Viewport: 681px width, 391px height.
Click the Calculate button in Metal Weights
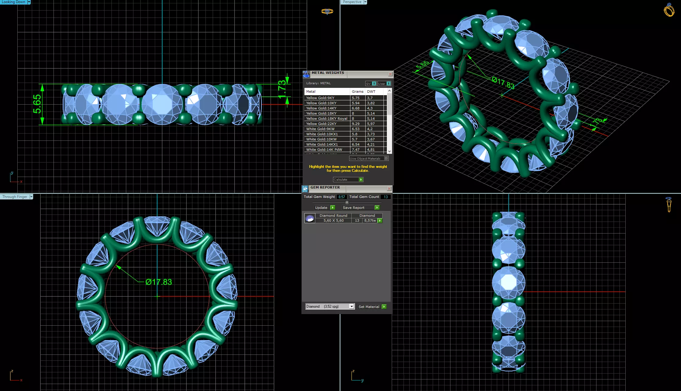(348, 180)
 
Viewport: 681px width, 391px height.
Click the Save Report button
(361, 208)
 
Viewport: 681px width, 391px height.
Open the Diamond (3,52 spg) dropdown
(352, 306)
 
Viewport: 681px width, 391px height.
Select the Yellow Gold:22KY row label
(321, 124)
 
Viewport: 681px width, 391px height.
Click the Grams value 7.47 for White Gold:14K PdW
(356, 150)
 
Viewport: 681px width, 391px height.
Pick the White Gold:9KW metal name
(320, 129)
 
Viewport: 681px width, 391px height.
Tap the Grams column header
(357, 92)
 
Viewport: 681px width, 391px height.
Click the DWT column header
(371, 92)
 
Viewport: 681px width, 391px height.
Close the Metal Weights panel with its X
(390, 74)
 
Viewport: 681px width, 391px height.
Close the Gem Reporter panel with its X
(389, 189)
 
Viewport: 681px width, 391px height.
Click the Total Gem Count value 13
(386, 197)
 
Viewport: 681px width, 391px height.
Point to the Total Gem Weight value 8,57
(342, 197)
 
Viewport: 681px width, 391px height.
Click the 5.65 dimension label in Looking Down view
(37, 104)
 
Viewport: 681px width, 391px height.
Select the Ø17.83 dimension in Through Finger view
(158, 282)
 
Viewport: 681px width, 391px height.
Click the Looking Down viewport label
(13, 2)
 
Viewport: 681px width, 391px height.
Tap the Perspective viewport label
(352, 2)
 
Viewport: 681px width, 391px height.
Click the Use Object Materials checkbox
(386, 158)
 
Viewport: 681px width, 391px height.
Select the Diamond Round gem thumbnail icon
(310, 218)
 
